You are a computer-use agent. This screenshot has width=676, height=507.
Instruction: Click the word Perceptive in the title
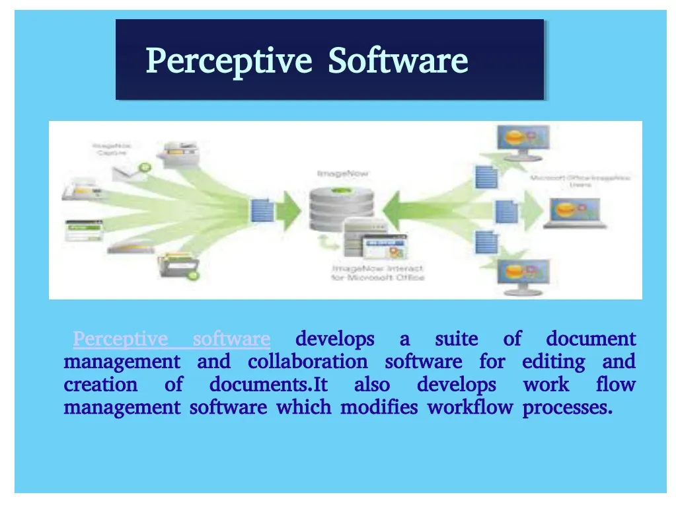(228, 61)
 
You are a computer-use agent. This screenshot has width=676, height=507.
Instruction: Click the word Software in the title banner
(398, 61)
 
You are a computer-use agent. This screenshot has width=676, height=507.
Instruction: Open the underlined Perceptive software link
(171, 339)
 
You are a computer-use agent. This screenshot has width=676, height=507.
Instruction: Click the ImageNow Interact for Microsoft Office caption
(377, 273)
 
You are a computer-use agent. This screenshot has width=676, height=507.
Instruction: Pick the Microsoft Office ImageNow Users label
(580, 181)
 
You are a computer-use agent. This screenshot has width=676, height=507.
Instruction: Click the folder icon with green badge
(178, 265)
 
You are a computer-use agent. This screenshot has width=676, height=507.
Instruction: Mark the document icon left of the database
(262, 210)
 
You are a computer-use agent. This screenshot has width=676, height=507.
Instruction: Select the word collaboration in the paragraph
(307, 362)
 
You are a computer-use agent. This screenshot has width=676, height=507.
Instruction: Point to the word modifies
(379, 407)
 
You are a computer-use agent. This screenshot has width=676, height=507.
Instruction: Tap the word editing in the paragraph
(553, 362)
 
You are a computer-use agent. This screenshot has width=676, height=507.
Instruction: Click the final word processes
(567, 407)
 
